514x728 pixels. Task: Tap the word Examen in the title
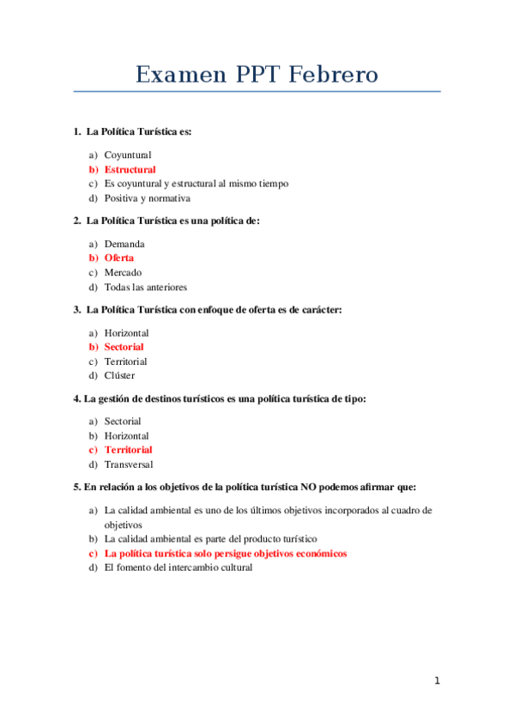178,76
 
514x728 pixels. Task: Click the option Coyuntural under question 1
128,155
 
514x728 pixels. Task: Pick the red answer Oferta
119,258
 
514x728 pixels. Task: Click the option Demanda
124,243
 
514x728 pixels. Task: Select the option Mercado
124,272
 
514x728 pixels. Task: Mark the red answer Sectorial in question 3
124,347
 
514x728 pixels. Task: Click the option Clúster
119,375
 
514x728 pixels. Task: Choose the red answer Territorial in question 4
128,450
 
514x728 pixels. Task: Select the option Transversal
129,464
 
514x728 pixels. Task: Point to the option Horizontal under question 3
126,332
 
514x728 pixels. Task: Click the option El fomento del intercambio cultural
178,567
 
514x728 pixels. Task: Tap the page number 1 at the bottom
437,681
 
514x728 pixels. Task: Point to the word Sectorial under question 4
123,421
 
